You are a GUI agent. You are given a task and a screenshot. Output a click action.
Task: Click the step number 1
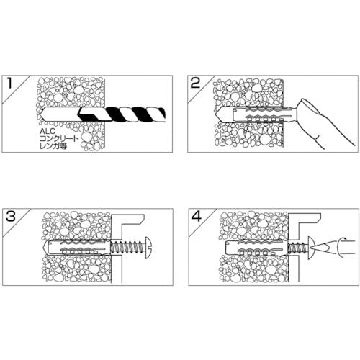click(x=9, y=84)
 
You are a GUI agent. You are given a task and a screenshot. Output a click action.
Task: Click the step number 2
click(x=195, y=84)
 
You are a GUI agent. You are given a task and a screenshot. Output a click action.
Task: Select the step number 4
click(x=197, y=217)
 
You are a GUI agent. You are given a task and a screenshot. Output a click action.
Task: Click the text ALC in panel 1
click(x=48, y=132)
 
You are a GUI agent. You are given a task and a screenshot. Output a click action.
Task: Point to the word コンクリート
click(x=59, y=139)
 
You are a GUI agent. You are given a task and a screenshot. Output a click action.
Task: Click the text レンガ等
click(x=53, y=146)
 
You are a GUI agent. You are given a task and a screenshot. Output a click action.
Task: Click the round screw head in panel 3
click(x=149, y=246)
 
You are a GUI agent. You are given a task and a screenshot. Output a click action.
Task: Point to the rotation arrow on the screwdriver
click(x=340, y=247)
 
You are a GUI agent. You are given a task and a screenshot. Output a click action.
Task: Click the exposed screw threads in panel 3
click(x=128, y=246)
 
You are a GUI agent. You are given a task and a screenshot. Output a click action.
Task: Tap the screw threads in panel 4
click(x=298, y=247)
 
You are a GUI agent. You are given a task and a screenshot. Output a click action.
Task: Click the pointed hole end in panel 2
click(x=219, y=113)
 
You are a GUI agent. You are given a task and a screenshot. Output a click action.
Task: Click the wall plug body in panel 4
click(x=256, y=247)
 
